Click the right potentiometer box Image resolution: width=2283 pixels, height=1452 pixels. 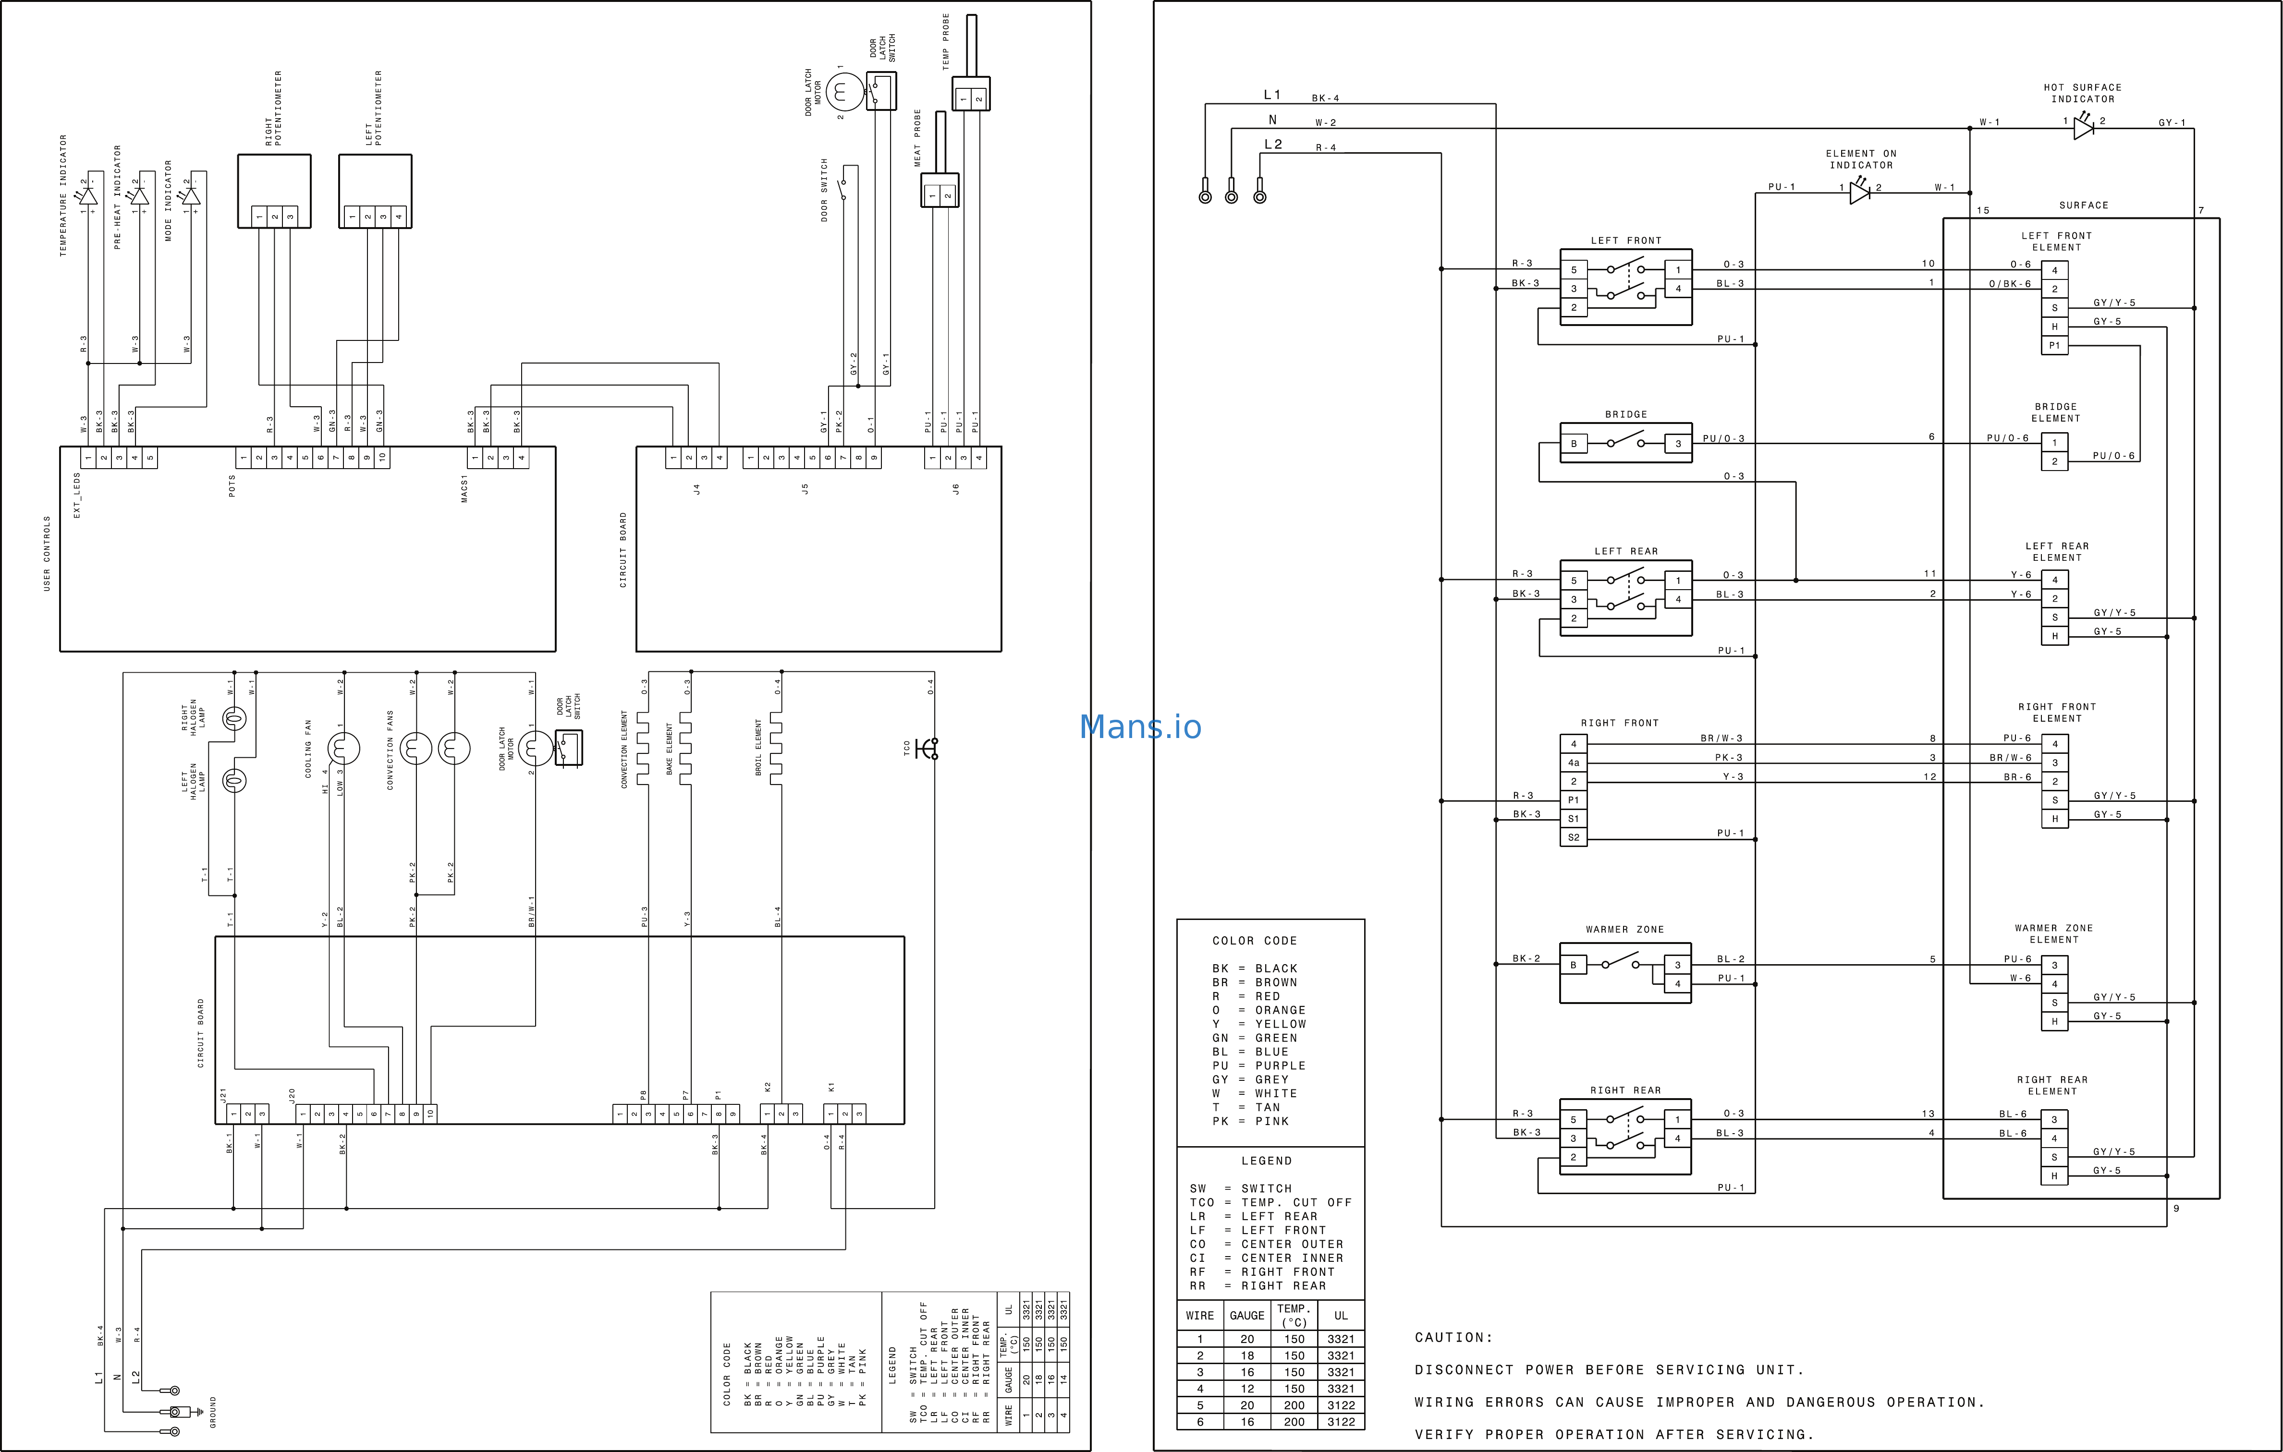point(274,191)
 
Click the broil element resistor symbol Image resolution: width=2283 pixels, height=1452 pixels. point(777,749)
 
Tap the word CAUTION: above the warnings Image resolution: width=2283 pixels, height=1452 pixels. point(1453,1337)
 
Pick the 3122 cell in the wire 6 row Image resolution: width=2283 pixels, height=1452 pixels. point(1341,1422)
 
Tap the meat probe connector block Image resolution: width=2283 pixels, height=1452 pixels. point(940,191)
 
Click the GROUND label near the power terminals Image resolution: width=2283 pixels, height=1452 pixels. point(213,1412)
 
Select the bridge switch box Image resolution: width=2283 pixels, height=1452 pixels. point(1625,443)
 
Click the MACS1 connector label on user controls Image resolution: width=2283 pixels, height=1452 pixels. point(464,489)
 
